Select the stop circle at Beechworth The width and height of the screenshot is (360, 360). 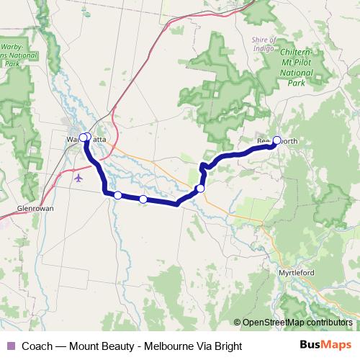click(276, 140)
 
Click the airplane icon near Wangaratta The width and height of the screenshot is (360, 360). click(78, 177)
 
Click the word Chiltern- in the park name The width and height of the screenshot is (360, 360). click(296, 53)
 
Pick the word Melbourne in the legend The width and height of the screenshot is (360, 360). click(168, 346)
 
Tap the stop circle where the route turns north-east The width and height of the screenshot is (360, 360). click(200, 189)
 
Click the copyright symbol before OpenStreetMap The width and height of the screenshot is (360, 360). click(237, 323)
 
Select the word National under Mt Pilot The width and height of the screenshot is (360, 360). click(295, 73)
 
